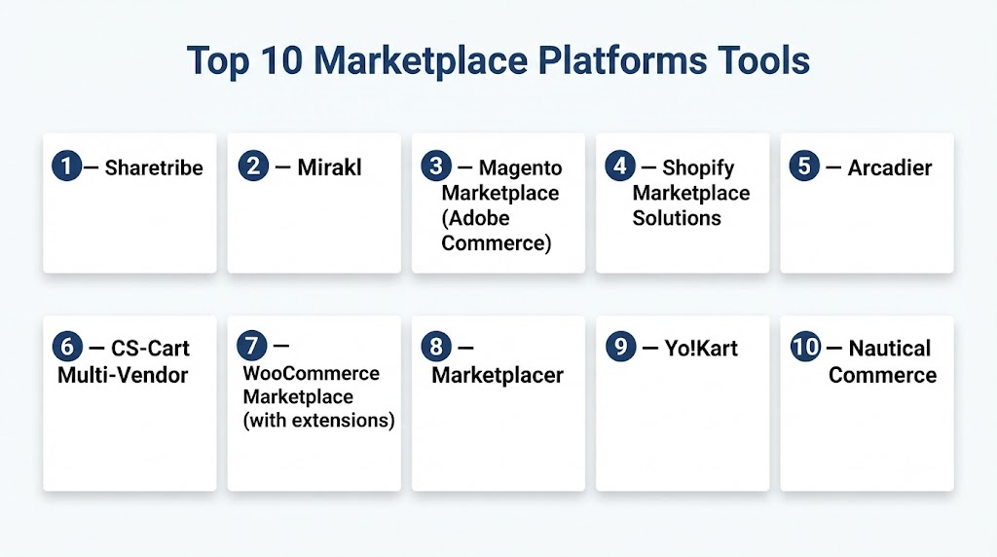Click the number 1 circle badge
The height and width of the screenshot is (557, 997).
point(67,166)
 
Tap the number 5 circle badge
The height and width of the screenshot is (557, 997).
point(804,166)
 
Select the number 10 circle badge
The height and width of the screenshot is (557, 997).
point(805,347)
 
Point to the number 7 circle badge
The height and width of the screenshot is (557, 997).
point(252,346)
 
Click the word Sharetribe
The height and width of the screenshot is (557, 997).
point(154,167)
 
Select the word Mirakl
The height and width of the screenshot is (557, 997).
point(329,167)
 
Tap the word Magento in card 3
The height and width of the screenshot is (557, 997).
point(520,168)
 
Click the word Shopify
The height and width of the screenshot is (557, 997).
point(698,168)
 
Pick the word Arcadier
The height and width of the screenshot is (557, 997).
point(890,167)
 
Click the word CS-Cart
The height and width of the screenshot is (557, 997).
point(150,349)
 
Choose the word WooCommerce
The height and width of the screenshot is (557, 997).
point(311,373)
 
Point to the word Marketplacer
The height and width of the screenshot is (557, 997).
point(498,375)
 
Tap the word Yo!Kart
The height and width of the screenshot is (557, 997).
point(701,349)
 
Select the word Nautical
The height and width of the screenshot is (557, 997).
point(890,349)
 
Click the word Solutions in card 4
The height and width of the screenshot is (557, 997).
point(677,218)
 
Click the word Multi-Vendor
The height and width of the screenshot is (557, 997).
point(123,375)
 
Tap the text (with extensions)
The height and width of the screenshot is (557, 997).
point(318,421)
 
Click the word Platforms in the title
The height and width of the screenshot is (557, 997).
point(622,61)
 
